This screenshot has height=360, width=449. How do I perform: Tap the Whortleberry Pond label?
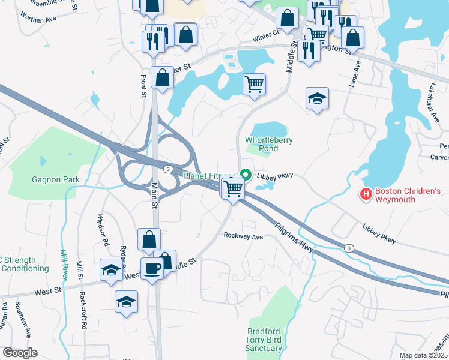pyautogui.click(x=268, y=144)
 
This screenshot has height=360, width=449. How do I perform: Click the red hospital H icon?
pyautogui.click(x=365, y=194)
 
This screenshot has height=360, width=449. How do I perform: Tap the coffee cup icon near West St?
pyautogui.click(x=152, y=267)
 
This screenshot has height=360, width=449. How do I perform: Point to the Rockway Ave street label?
pyautogui.click(x=243, y=236)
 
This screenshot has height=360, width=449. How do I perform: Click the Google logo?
pyautogui.click(x=20, y=353)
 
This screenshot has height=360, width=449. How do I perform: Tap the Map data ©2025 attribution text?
pyautogui.click(x=423, y=355)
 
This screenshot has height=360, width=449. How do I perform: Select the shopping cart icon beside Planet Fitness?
pyautogui.click(x=233, y=188)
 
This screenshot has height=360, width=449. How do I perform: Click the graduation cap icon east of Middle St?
pyautogui.click(x=317, y=98)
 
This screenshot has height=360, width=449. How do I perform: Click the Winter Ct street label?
pyautogui.click(x=266, y=35)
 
